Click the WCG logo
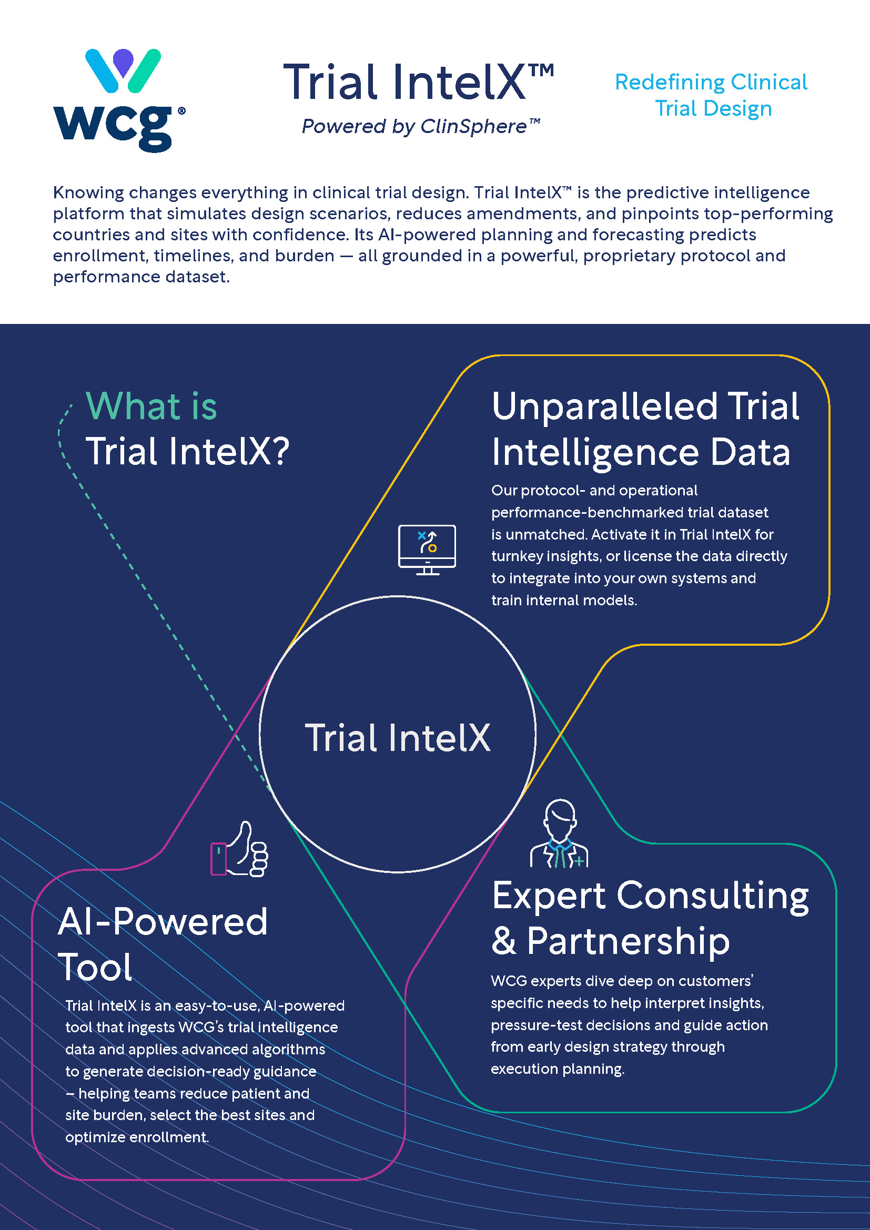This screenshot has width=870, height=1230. pyautogui.click(x=119, y=100)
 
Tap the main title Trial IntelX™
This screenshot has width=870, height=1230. pyautogui.click(x=418, y=82)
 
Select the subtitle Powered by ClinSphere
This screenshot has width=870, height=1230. pyautogui.click(x=421, y=126)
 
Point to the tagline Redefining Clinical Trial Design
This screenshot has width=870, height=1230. pyautogui.click(x=712, y=95)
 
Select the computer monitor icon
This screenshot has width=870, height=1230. pyautogui.click(x=427, y=550)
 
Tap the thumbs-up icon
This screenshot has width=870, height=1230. pyautogui.click(x=239, y=849)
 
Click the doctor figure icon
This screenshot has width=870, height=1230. pyautogui.click(x=559, y=833)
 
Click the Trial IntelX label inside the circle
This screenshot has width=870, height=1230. pyautogui.click(x=398, y=738)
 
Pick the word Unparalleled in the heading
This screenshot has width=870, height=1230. pyautogui.click(x=604, y=407)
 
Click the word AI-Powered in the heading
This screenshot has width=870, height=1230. pyautogui.click(x=163, y=921)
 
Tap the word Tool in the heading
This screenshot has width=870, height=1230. pyautogui.click(x=95, y=967)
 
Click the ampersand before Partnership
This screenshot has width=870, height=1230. pyautogui.click(x=503, y=941)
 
